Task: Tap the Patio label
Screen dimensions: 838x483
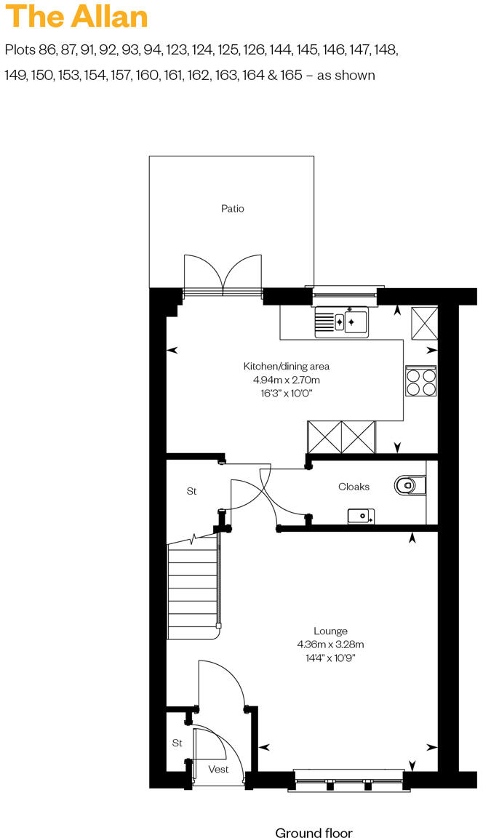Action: click(x=233, y=209)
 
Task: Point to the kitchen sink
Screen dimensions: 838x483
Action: click(x=342, y=321)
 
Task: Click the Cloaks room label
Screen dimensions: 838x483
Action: click(x=354, y=487)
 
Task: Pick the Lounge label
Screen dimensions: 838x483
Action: click(x=330, y=631)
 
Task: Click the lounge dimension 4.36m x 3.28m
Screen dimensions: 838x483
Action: click(x=330, y=645)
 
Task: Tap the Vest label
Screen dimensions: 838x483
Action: click(x=218, y=769)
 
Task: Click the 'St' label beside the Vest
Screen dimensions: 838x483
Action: click(x=177, y=743)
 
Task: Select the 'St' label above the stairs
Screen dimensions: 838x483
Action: click(x=191, y=492)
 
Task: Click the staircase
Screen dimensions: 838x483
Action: click(x=193, y=589)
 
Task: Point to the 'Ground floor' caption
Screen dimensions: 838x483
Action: click(x=314, y=833)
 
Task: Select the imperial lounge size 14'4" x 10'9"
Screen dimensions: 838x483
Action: click(x=330, y=658)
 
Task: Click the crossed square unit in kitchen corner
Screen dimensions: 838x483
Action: click(x=424, y=322)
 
